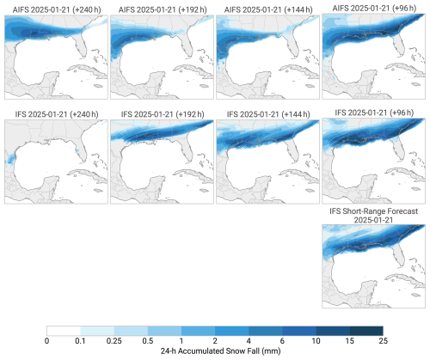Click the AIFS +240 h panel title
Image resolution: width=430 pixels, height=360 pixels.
pos(57,9)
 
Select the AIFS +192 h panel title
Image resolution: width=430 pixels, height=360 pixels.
pos(163,9)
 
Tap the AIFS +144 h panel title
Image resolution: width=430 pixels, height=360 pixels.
pos(268,9)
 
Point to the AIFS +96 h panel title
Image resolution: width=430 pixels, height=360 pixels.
pos(374,8)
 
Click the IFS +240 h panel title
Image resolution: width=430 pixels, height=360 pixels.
pos(57,114)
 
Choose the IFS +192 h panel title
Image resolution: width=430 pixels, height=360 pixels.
pos(163,114)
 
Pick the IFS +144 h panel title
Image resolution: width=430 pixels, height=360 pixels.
pos(268,114)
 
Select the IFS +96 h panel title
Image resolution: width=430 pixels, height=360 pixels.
pos(374,113)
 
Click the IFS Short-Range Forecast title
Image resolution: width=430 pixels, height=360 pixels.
pos(374,216)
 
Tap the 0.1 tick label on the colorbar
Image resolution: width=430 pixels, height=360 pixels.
pos(81,341)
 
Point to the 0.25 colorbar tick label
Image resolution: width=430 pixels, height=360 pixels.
pos(114,341)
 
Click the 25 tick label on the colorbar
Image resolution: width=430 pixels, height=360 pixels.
pos(383,341)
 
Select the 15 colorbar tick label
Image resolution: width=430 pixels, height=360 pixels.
pos(349,341)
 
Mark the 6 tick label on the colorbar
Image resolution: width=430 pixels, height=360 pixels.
pos(282,341)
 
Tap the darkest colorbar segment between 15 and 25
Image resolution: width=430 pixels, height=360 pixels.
pos(366,331)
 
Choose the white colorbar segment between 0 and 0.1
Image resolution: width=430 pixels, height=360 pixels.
pos(64,331)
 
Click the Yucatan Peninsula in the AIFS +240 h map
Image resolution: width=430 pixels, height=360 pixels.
pos(52,81)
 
